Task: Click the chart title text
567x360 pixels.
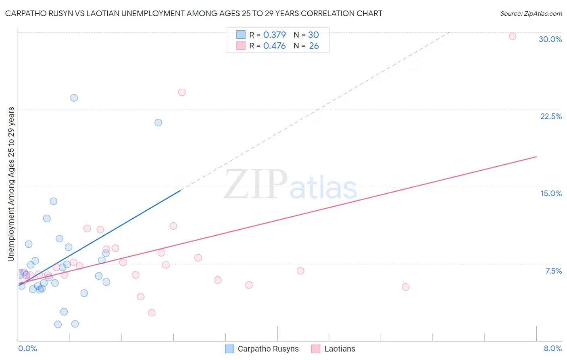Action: [x=194, y=13]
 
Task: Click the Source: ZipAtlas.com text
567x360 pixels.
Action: [x=531, y=13]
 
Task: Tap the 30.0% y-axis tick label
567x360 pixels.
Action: [x=550, y=39]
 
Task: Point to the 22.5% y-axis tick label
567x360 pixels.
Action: [x=551, y=116]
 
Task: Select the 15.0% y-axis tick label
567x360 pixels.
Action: [x=551, y=193]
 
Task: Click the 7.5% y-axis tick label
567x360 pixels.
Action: [x=553, y=271]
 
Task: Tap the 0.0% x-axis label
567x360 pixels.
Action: [x=27, y=348]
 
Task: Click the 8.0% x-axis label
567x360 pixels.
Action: [x=552, y=348]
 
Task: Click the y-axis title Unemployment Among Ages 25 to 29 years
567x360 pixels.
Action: [x=11, y=184]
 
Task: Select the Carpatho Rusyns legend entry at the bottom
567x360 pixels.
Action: [x=262, y=349]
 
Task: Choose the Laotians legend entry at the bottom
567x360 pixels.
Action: [x=334, y=349]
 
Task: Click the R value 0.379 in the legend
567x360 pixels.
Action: [x=274, y=35]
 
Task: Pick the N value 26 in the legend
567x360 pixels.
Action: [x=314, y=46]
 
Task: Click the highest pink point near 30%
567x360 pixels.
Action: [x=513, y=36]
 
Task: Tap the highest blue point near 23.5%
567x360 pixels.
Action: [x=74, y=98]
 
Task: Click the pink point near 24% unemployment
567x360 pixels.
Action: [x=182, y=92]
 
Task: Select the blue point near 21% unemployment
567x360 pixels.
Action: [x=158, y=122]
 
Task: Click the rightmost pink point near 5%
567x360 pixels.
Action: [x=406, y=287]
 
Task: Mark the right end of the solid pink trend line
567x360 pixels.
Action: [x=536, y=157]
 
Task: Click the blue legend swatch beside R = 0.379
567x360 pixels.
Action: [x=241, y=35]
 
